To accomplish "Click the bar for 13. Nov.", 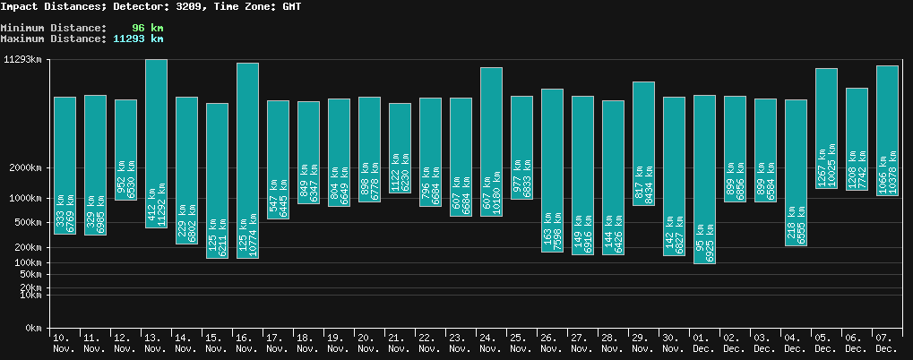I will point(156,143).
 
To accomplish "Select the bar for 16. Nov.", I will point(247,160).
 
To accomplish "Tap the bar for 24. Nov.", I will point(491,141).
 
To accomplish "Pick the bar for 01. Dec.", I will point(704,179).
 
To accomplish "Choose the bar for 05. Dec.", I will point(826,128).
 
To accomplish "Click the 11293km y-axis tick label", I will point(23,60).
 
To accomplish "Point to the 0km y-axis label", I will point(33,329).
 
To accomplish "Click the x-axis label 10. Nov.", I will point(64,342).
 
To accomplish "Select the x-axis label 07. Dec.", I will point(886,342).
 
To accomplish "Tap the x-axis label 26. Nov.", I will point(551,342).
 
